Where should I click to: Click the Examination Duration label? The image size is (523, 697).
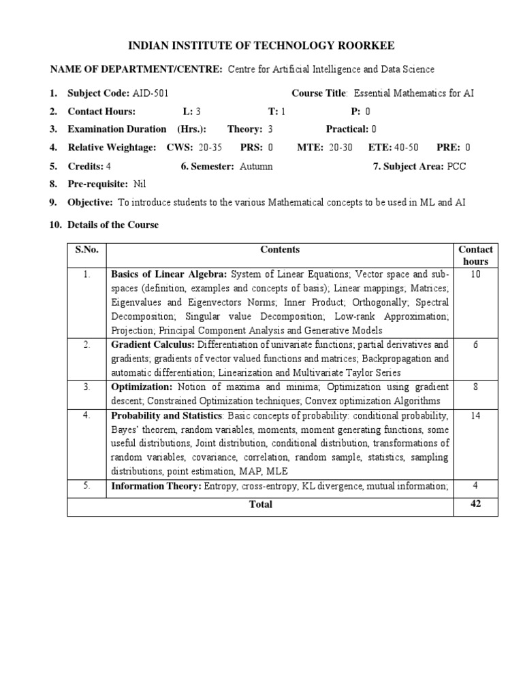tap(116, 129)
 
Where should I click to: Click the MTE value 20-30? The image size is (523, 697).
tap(338, 147)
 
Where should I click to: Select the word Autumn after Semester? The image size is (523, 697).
tap(256, 165)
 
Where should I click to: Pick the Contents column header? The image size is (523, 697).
tap(280, 250)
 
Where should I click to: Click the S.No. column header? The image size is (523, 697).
tap(87, 250)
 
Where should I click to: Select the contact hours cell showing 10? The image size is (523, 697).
tap(475, 274)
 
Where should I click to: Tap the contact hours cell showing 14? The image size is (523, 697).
tap(475, 415)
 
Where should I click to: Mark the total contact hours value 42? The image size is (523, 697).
tap(475, 504)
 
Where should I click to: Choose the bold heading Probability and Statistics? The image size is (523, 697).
tap(166, 415)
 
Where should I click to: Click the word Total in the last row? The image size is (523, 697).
tap(260, 504)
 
